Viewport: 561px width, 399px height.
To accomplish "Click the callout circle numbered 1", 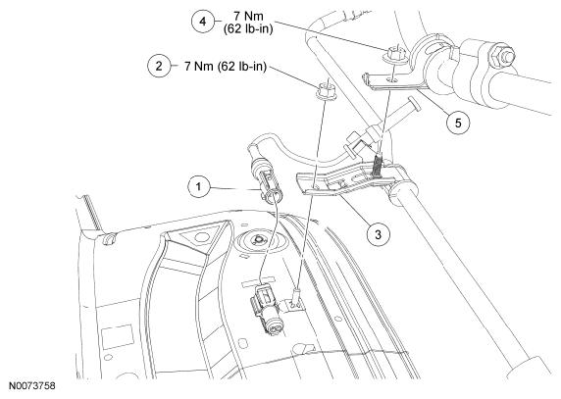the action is pos(198,186).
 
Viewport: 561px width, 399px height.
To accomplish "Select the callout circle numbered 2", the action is pos(159,66).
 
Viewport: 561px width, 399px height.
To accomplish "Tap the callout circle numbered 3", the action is pos(379,235).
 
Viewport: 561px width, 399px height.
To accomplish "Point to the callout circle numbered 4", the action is pos(203,22).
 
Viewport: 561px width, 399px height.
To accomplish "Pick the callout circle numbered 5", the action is pos(458,123).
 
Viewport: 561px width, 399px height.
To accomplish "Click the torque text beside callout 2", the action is pos(226,66).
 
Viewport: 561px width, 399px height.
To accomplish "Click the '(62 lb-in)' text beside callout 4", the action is pos(248,28).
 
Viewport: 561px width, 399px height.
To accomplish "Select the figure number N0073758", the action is pos(32,386).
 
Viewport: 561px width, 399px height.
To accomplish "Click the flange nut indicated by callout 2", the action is pos(325,91).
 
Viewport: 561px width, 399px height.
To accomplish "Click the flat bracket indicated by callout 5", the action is pos(393,83).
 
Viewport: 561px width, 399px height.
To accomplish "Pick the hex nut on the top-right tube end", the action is pos(503,56).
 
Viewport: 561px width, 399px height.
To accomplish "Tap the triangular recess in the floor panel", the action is pos(200,235).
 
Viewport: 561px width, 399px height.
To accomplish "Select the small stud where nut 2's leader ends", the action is pos(296,296).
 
